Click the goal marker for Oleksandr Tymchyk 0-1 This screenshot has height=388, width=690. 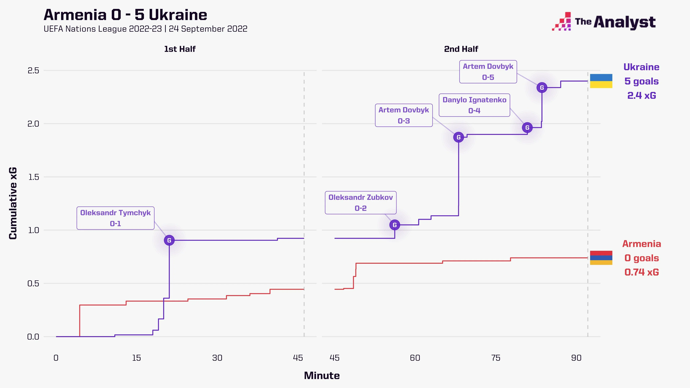coord(169,240)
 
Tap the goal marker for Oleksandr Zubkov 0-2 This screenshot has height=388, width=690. coord(395,225)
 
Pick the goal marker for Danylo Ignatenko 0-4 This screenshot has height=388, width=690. coord(527,127)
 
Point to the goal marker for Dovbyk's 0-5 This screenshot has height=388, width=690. coord(542,88)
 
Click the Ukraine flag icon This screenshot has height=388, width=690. coord(601,81)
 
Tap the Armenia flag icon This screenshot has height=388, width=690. coord(601,258)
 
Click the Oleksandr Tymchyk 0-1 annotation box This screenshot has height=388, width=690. coord(115,218)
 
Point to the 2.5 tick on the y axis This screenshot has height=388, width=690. coord(33,70)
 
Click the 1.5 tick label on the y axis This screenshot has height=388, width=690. coord(33,177)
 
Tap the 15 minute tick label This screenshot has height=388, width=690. coord(136,358)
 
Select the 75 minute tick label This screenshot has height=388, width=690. coord(496,358)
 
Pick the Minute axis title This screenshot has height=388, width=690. coord(322,375)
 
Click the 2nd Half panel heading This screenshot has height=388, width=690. coord(461,49)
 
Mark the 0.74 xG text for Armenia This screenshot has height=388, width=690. coord(641,272)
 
